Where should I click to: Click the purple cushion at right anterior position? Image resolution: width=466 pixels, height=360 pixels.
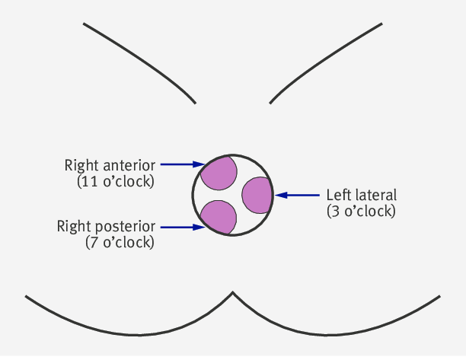click(219, 174)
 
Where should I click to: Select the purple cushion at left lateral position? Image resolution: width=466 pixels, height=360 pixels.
click(257, 195)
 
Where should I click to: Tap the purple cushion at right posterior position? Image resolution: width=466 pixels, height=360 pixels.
click(219, 217)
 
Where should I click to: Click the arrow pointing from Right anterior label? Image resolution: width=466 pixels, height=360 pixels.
click(183, 164)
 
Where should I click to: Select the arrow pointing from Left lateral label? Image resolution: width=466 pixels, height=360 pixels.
click(297, 195)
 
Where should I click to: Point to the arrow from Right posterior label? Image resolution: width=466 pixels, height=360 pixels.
click(183, 228)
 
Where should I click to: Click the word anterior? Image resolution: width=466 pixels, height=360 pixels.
click(129, 166)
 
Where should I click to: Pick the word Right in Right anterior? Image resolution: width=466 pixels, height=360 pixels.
click(81, 166)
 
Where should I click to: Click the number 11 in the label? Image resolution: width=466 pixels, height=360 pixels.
click(89, 181)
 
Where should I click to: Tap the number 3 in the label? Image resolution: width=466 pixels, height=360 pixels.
click(335, 211)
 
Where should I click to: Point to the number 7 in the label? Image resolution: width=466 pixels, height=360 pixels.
click(94, 242)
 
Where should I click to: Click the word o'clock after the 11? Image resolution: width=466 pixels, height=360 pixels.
click(127, 181)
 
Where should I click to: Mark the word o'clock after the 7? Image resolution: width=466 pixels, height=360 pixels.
click(127, 242)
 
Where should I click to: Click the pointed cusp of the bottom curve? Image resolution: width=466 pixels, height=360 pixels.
click(233, 292)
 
